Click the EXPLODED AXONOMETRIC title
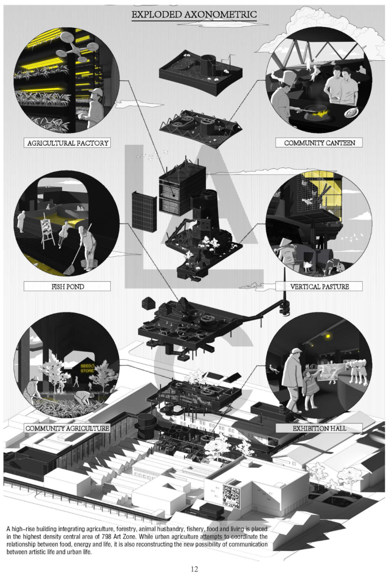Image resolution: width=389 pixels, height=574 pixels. (194, 14)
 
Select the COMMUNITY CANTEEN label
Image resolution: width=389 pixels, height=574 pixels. (319, 143)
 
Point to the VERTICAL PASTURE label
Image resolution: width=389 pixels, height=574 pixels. (319, 286)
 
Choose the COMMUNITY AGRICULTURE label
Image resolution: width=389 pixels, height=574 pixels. (67, 428)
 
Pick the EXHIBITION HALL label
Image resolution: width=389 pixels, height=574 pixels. (319, 428)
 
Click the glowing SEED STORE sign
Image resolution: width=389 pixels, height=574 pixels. (88, 368)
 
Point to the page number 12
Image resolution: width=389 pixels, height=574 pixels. (194, 569)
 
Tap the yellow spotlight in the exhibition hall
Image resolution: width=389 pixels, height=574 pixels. (327, 336)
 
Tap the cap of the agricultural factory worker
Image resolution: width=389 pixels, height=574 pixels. (96, 93)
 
